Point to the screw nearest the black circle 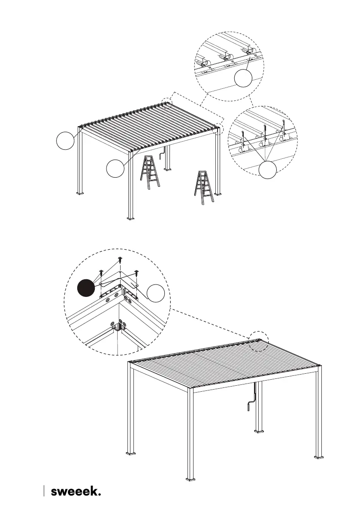101,272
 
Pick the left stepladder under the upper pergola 150,172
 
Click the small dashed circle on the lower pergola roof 259,341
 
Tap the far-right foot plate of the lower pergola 318,456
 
